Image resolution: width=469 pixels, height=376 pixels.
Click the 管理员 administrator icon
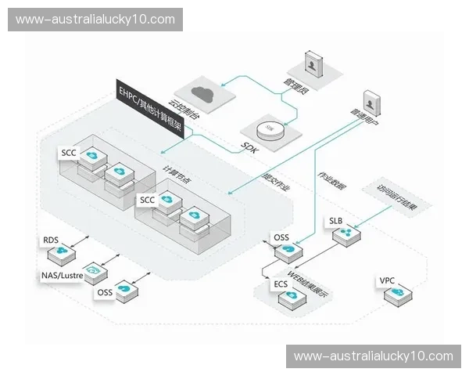(x=313, y=65)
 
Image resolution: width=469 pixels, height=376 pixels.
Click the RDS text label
(x=52, y=241)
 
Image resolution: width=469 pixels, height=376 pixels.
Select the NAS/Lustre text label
(x=62, y=276)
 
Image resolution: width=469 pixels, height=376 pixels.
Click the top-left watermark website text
(x=97, y=20)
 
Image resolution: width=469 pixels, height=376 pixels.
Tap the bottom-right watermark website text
(x=373, y=356)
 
